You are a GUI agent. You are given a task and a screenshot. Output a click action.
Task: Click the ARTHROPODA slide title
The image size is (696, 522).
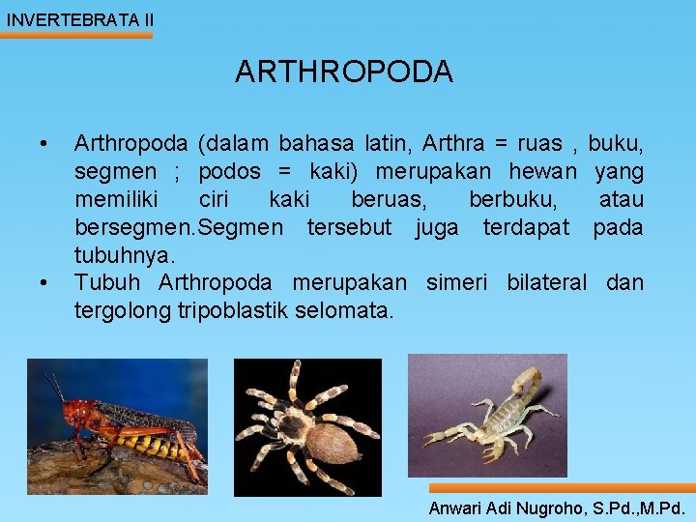click(343, 72)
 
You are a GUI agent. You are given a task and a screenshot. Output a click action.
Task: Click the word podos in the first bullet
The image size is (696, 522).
click(229, 172)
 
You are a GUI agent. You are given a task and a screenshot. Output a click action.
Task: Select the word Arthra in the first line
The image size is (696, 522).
click(451, 144)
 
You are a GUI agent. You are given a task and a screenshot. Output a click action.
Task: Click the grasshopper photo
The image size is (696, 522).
click(116, 425)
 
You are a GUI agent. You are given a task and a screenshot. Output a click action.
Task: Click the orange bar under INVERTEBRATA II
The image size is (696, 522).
click(77, 36)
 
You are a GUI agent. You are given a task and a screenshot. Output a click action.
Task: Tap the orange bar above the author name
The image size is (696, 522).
click(561, 488)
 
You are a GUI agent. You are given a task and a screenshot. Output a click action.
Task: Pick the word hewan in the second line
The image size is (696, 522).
click(545, 172)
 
